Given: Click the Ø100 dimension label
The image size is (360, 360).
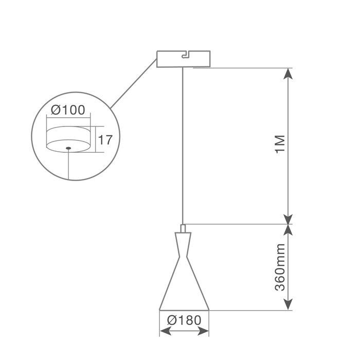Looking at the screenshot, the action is (68, 110).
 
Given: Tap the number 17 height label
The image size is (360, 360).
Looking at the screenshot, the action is (105, 140).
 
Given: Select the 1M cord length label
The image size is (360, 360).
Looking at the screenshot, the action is (280, 144).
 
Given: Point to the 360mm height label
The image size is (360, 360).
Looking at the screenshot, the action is (280, 267).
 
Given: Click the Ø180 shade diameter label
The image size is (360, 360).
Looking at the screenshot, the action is (184, 320).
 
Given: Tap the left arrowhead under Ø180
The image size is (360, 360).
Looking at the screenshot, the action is (166, 331).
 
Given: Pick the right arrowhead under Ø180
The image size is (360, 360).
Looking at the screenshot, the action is (203, 331).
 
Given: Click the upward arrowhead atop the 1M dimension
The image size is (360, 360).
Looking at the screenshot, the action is (288, 74).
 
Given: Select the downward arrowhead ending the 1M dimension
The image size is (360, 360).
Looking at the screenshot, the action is (288, 219).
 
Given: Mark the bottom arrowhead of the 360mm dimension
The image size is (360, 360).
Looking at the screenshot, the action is (288, 304).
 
